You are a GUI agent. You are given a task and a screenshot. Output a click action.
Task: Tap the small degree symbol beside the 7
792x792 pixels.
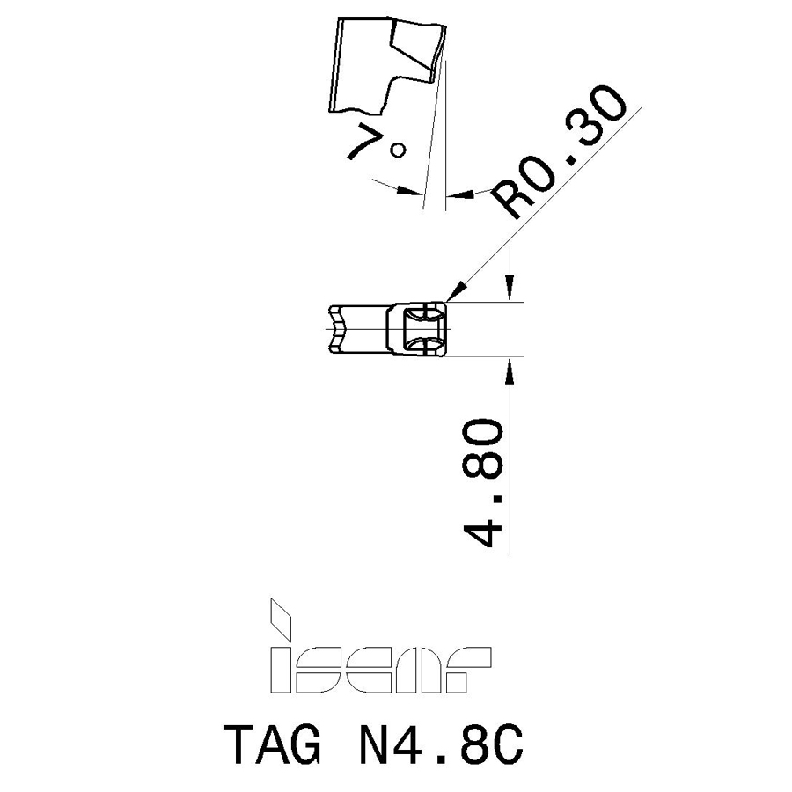[x=399, y=150]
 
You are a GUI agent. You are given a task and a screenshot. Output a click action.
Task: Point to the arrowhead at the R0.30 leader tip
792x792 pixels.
[x=455, y=292]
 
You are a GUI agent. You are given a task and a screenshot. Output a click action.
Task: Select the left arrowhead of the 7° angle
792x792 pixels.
[x=409, y=190]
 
